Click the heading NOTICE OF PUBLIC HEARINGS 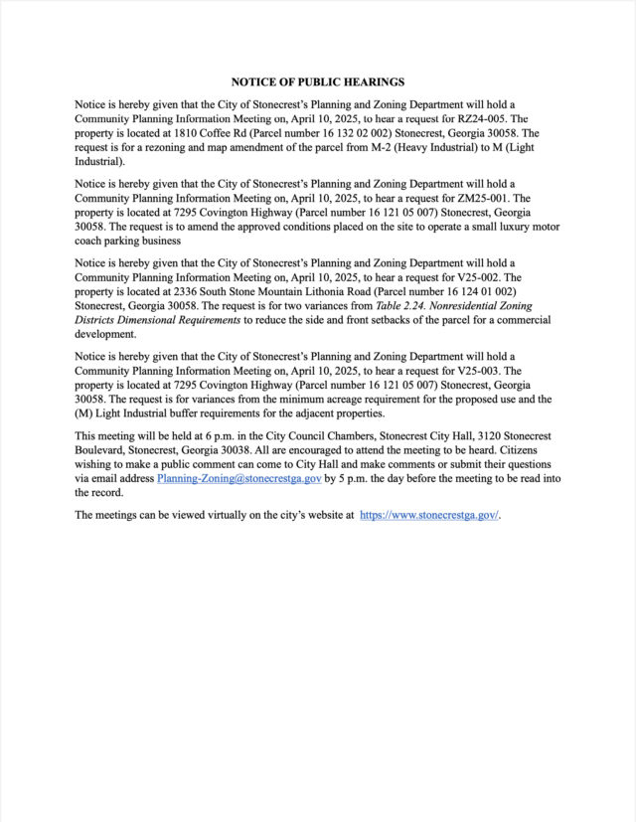coord(317,82)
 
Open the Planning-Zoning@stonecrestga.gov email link coord(238,479)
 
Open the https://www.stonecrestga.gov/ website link coord(428,515)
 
